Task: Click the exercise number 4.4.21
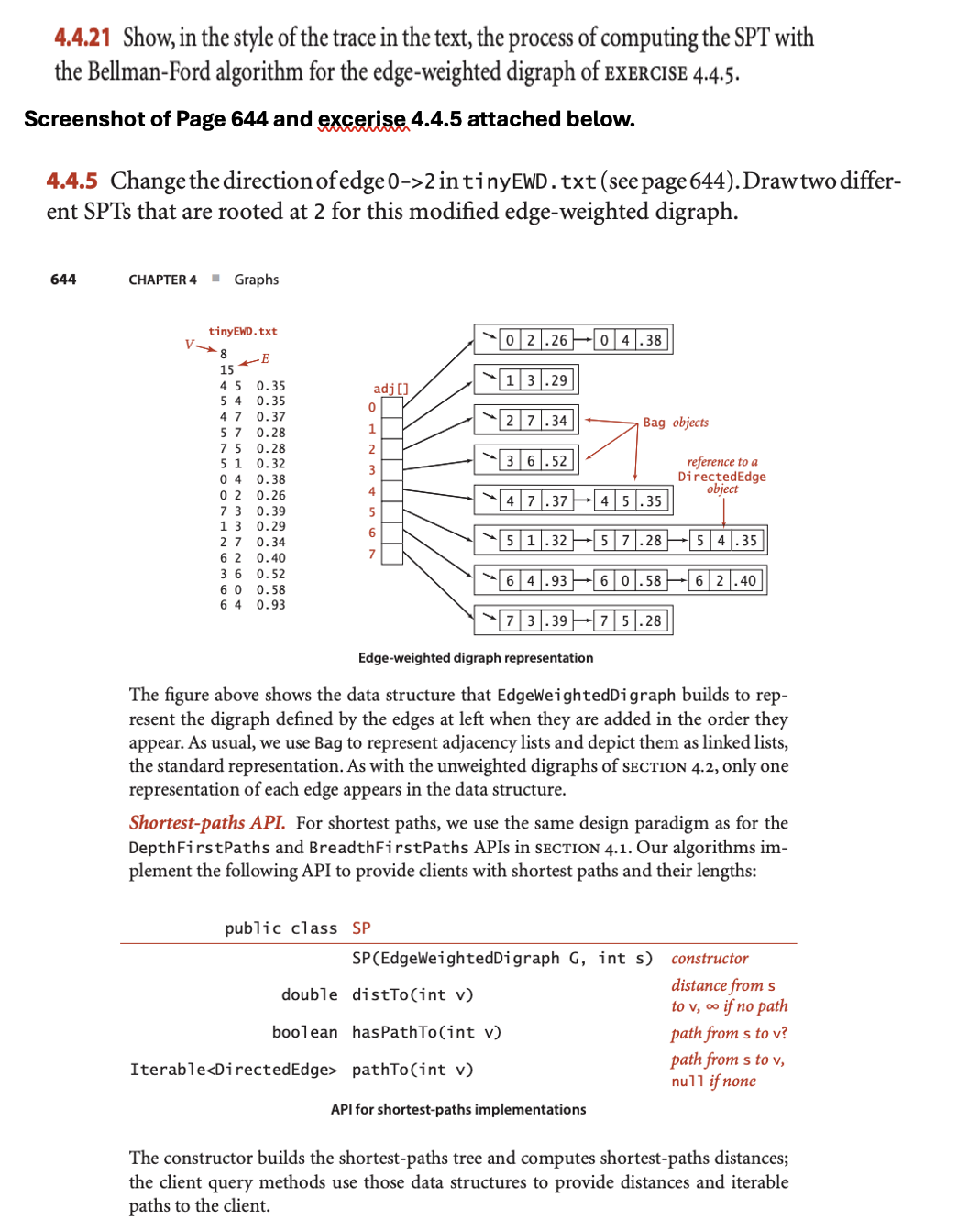[82, 38]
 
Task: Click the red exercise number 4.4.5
[71, 181]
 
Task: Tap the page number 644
[63, 280]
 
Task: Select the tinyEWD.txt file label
[242, 331]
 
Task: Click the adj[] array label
[390, 389]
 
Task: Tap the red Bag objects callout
[676, 423]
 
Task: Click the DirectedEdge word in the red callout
[721, 476]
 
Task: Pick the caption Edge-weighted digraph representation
[475, 658]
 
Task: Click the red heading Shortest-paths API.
[206, 823]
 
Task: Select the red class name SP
[361, 928]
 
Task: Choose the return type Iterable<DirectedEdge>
[233, 1070]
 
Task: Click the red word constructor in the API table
[709, 959]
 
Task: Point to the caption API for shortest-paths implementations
[457, 1109]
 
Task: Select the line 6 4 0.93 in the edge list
[252, 605]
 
